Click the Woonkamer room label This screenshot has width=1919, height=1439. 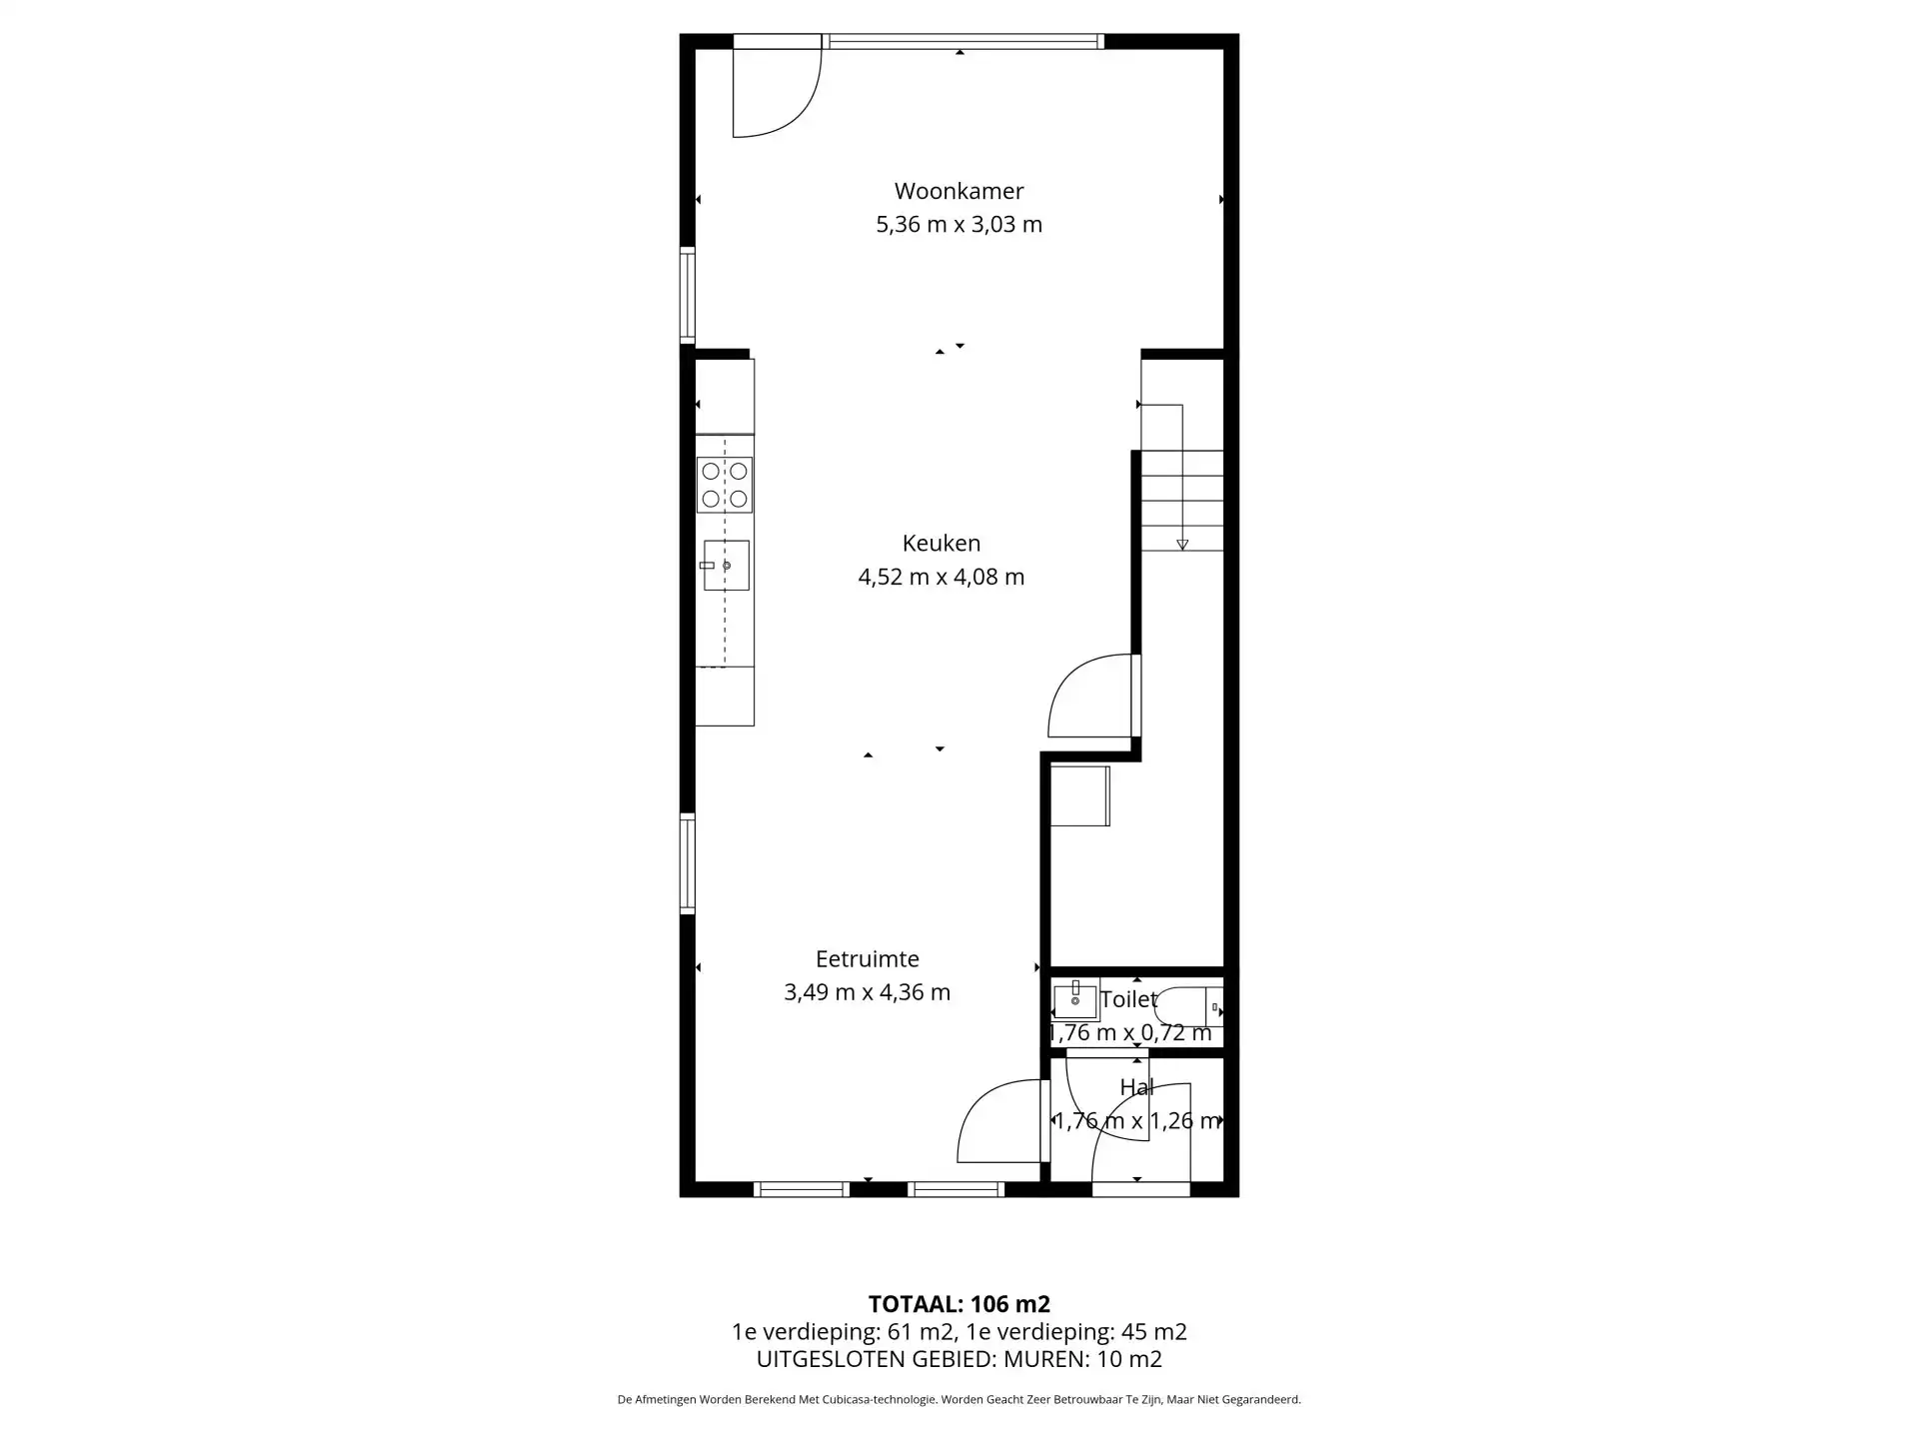click(959, 191)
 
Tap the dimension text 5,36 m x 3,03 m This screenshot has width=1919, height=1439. click(959, 225)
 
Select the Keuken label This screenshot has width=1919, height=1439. click(942, 544)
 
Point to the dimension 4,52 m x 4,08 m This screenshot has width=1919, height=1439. click(942, 578)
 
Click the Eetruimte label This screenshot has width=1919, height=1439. click(868, 959)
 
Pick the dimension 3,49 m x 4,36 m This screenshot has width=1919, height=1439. click(868, 993)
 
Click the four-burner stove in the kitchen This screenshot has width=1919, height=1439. click(725, 485)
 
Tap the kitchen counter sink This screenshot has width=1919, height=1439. click(726, 566)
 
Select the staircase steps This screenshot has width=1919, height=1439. click(1182, 500)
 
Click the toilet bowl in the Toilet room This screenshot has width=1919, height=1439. click(1189, 1007)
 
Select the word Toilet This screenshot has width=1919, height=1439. click(1128, 999)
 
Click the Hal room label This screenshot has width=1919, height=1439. click(1137, 1087)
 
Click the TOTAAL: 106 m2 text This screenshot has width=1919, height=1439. click(959, 1304)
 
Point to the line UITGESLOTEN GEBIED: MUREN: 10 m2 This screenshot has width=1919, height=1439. click(959, 1359)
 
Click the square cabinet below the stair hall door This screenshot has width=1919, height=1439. click(1079, 796)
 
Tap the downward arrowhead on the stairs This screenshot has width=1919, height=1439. click(1182, 545)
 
